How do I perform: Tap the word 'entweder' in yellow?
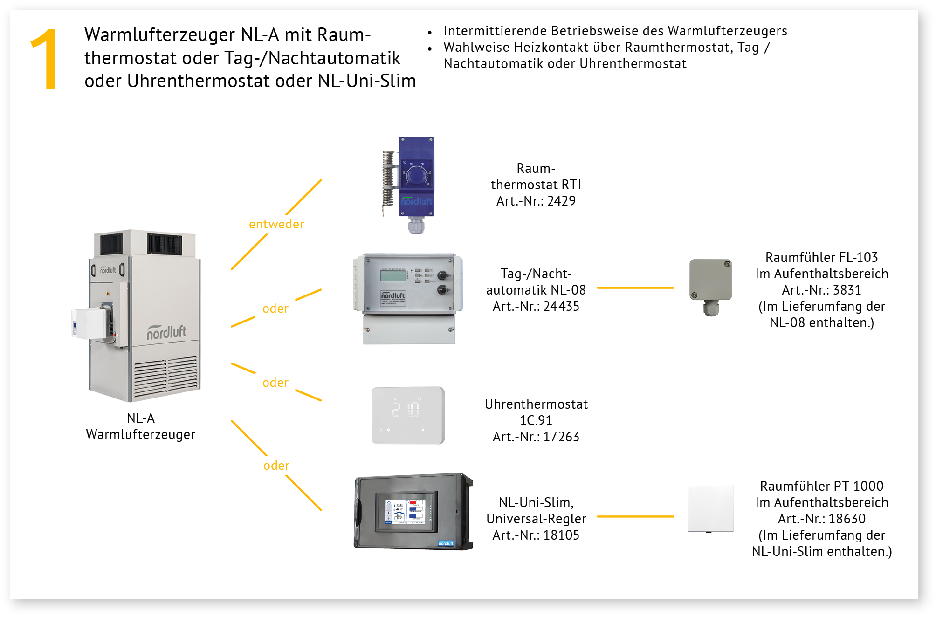(x=276, y=224)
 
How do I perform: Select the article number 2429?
(x=561, y=201)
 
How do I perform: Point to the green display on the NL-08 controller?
(x=392, y=276)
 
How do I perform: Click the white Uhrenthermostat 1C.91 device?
(x=408, y=415)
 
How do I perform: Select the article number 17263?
(x=561, y=437)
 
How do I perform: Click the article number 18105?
(x=561, y=535)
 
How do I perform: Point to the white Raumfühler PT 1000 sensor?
(x=711, y=509)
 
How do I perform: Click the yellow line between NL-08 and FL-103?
(x=635, y=288)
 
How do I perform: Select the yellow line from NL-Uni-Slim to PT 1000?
(x=635, y=516)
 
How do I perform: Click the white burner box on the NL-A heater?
(x=90, y=323)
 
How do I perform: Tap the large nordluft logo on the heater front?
(x=166, y=332)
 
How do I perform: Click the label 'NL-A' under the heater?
(x=141, y=418)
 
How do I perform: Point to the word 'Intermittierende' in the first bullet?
(x=495, y=31)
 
